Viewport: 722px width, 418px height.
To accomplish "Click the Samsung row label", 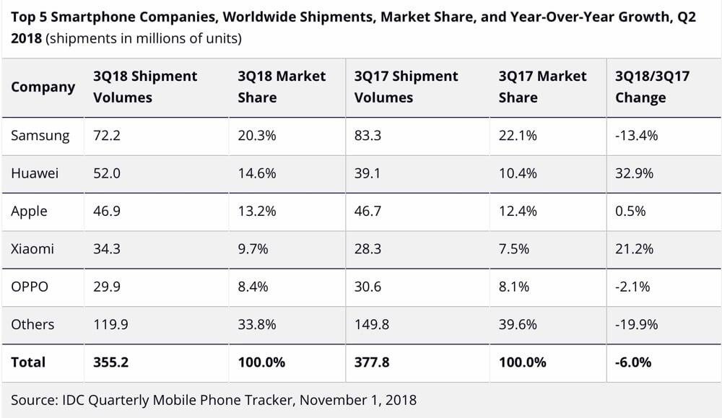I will pyautogui.click(x=40, y=135).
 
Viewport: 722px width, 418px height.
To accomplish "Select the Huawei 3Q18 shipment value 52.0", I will pyautogui.click(x=108, y=173).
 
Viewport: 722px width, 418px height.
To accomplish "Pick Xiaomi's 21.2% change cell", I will pyautogui.click(x=634, y=248).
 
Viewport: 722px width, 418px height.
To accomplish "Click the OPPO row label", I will pyautogui.click(x=30, y=287).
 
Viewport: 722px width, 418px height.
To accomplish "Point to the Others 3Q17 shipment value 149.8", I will pyautogui.click(x=371, y=324).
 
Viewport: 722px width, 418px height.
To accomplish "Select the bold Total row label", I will pyautogui.click(x=28, y=362).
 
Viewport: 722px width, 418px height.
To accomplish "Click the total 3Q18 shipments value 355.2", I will pyautogui.click(x=110, y=362).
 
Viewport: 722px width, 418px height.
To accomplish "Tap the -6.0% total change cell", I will pyautogui.click(x=633, y=362).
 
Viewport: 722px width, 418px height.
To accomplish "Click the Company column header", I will pyautogui.click(x=43, y=87).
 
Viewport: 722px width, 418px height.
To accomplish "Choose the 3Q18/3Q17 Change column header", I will pyautogui.click(x=652, y=87).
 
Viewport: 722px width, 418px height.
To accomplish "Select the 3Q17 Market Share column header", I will pyautogui.click(x=542, y=87).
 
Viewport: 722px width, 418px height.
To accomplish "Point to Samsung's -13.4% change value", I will pyautogui.click(x=636, y=135).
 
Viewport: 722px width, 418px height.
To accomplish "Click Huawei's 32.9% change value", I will pyautogui.click(x=634, y=173).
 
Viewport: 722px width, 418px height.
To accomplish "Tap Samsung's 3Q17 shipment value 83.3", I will pyautogui.click(x=368, y=135).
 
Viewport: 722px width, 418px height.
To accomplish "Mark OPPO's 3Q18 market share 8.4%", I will pyautogui.click(x=253, y=287).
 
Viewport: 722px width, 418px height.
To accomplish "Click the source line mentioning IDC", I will pyautogui.click(x=214, y=399).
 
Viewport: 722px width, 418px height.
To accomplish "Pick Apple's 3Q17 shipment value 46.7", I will pyautogui.click(x=368, y=211).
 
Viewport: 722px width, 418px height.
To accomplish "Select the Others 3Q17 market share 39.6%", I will pyautogui.click(x=517, y=324).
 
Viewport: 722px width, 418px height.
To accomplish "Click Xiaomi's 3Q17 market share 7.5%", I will pyautogui.click(x=513, y=248).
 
